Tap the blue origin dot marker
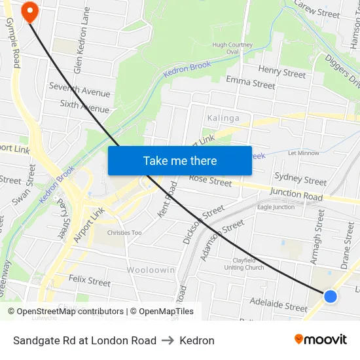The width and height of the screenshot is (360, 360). [x=331, y=297]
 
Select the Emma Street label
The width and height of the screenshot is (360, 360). [x=250, y=82]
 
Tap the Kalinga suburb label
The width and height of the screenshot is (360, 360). [x=223, y=118]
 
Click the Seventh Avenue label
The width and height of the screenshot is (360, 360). [x=79, y=90]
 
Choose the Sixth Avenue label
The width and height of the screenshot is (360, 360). [x=84, y=106]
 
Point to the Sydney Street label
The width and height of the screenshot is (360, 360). [x=300, y=178]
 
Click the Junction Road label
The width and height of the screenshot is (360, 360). [x=296, y=194]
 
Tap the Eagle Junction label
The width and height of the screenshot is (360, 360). [x=276, y=207]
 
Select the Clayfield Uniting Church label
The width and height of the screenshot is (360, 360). [x=243, y=263]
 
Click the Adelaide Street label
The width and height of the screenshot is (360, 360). [x=278, y=304]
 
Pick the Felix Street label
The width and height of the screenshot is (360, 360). [x=90, y=281]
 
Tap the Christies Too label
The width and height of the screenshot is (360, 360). [x=124, y=232]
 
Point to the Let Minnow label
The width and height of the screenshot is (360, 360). [x=304, y=153]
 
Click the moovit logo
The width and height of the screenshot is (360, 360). [x=320, y=339]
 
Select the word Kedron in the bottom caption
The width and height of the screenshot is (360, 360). [x=197, y=340]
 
